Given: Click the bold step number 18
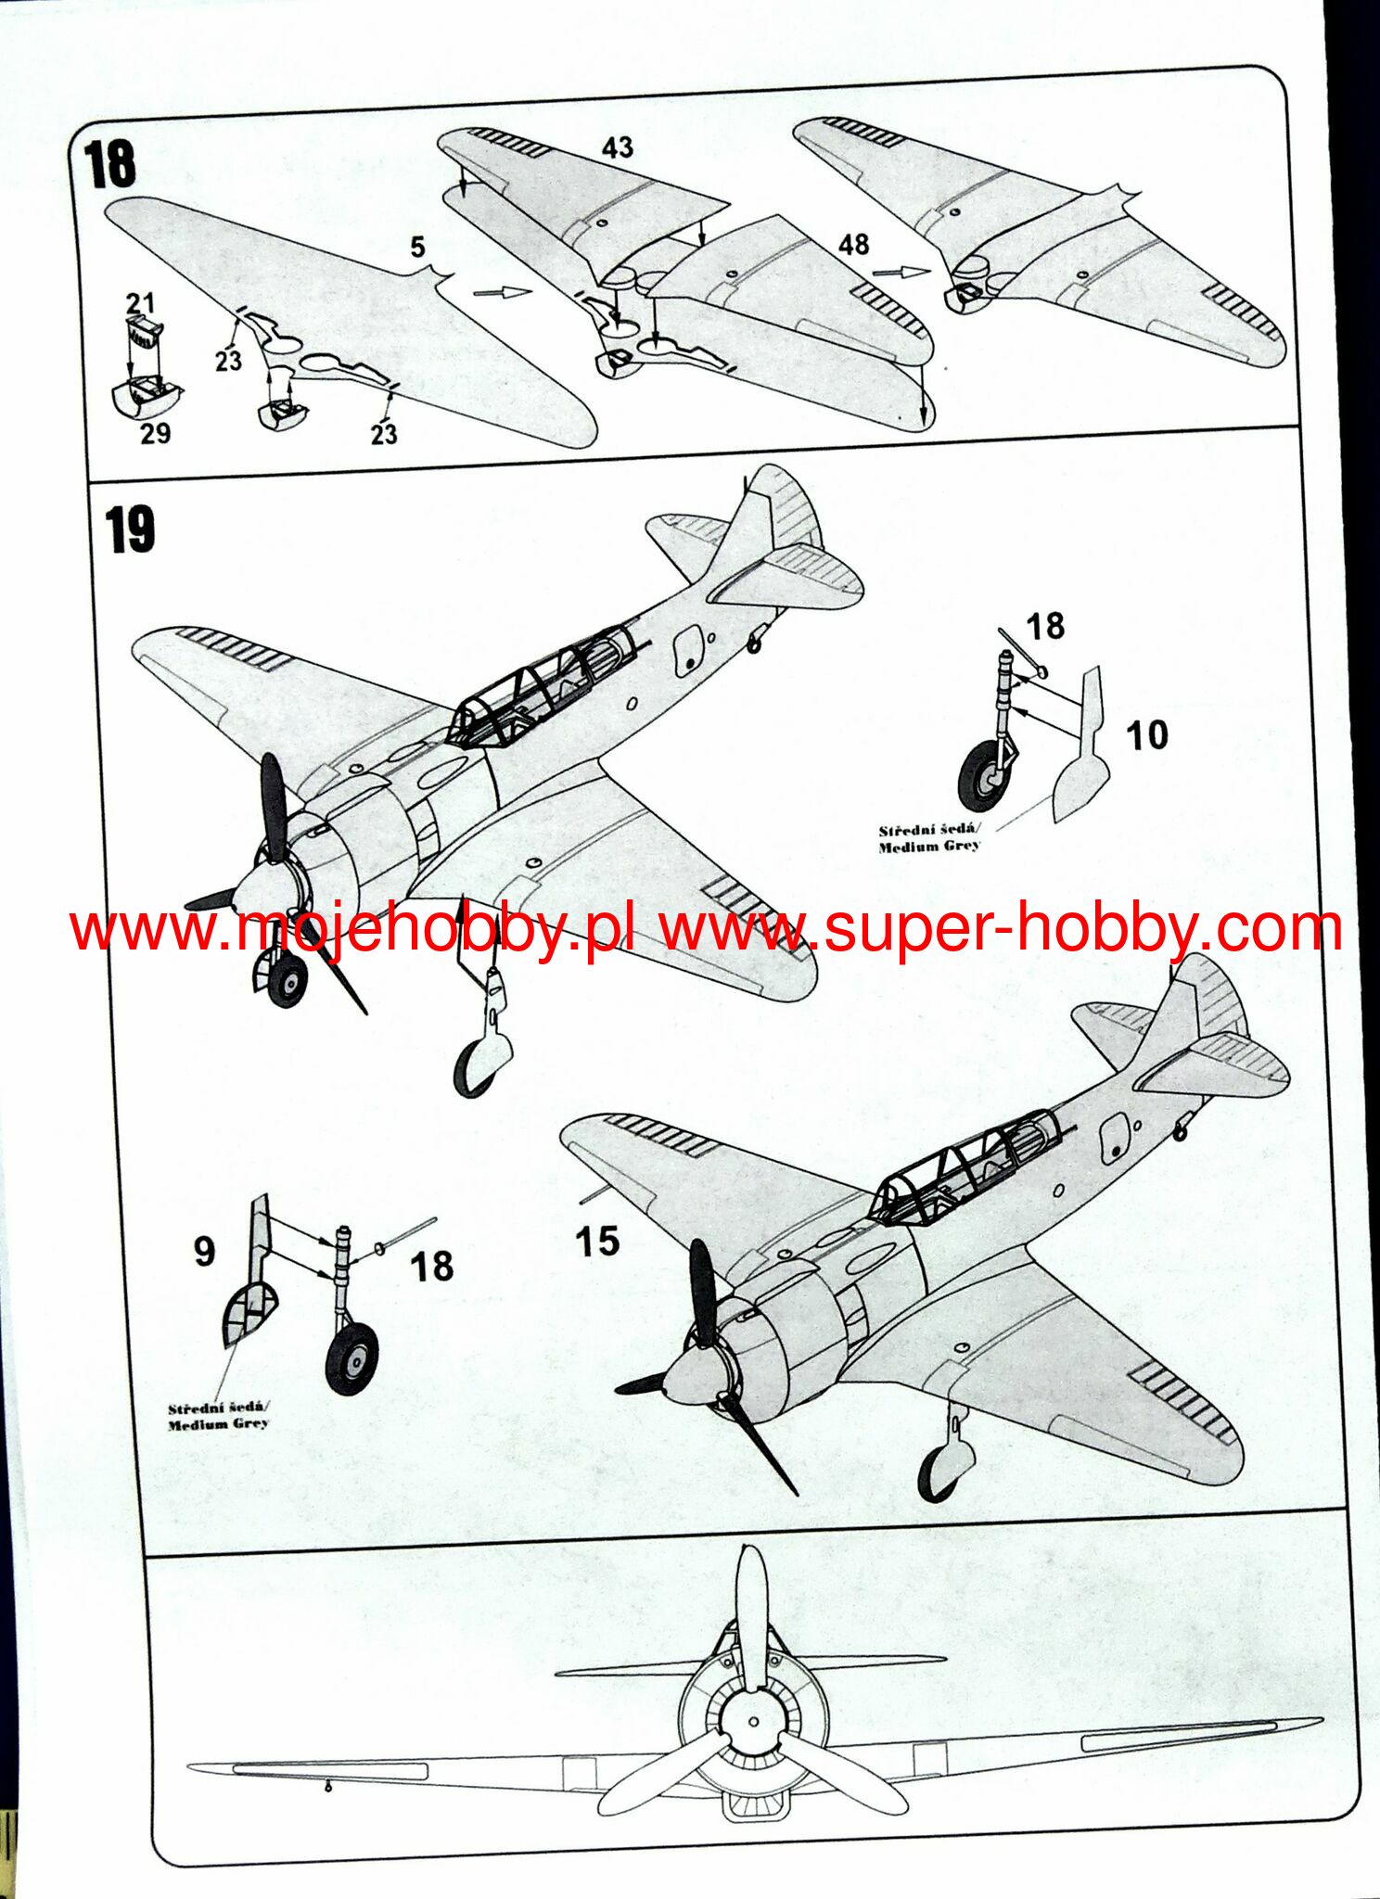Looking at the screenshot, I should tap(110, 165).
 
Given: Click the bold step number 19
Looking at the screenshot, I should tap(130, 529).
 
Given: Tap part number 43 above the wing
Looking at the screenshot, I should tap(618, 147).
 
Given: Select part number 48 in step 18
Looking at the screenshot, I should tap(853, 245).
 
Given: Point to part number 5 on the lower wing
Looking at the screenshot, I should tap(418, 247).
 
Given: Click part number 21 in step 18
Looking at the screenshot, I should tap(140, 302).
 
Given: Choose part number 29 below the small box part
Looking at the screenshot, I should tap(156, 433).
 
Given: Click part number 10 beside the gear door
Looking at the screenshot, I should tap(1146, 735).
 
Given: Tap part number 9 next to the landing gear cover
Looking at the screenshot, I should tap(204, 1251).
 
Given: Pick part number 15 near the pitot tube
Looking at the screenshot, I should tap(596, 1241).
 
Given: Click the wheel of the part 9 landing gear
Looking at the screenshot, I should tap(352, 1357).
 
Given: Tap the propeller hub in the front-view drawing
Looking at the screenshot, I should tap(752, 1723).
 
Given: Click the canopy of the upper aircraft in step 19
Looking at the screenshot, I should tap(543, 686).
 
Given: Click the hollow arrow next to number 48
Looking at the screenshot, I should tap(901, 272).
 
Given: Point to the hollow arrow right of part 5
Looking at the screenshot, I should tap(502, 293).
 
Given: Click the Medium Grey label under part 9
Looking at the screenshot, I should tap(219, 1416).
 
